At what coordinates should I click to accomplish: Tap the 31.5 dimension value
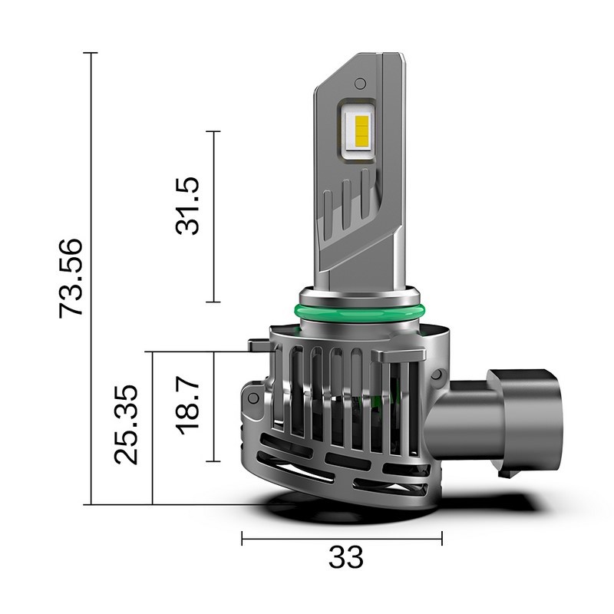click(187, 205)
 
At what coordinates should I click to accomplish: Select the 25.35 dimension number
click(127, 424)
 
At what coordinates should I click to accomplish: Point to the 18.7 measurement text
click(187, 404)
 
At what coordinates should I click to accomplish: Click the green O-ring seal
click(358, 312)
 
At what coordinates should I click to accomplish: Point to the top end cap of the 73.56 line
click(91, 53)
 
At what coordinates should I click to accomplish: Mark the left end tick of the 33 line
click(243, 538)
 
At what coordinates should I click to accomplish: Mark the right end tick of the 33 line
click(442, 538)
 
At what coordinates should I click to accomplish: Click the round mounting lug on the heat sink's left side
click(253, 400)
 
